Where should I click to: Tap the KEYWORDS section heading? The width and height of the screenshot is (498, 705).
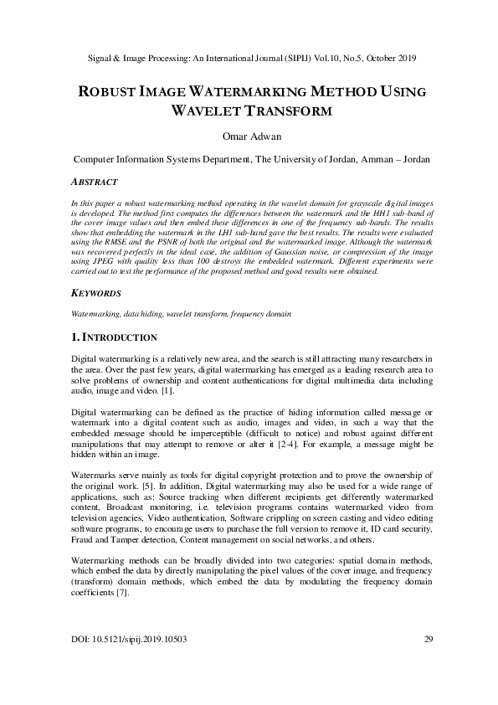point(96,294)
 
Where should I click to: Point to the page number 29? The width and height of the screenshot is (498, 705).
point(427,663)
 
